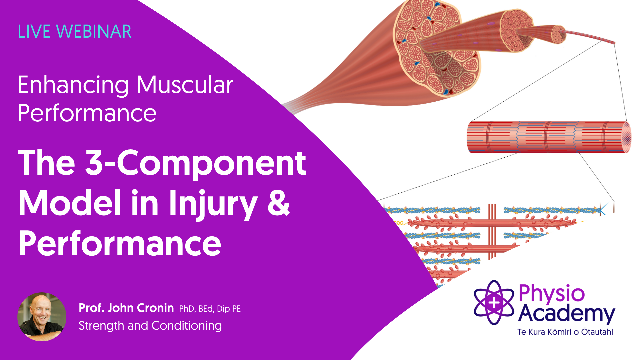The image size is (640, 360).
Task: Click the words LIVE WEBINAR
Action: pyautogui.click(x=75, y=32)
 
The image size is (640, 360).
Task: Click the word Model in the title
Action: pyautogui.click(x=69, y=203)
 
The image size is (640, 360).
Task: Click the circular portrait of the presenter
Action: pyautogui.click(x=42, y=317)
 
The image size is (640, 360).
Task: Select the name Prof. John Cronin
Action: pyautogui.click(x=126, y=308)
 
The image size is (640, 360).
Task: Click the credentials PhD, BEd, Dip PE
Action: pyautogui.click(x=210, y=309)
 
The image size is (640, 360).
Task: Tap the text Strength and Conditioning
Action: pyautogui.click(x=150, y=326)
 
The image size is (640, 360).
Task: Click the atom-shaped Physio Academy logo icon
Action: pyautogui.click(x=494, y=303)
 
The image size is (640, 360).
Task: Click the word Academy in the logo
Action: pyautogui.click(x=567, y=314)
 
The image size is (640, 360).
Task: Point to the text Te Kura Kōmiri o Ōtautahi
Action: pyautogui.click(x=565, y=332)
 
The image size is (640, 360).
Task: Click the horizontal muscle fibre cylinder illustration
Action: pyautogui.click(x=549, y=137)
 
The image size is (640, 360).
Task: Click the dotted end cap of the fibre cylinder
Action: pyautogui.click(x=626, y=137)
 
